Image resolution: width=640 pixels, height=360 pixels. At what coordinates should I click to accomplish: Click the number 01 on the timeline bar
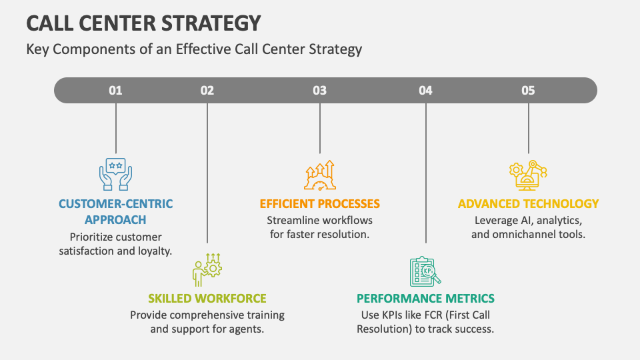coord(116,91)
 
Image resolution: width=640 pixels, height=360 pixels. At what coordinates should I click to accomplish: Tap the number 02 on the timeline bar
coord(207,91)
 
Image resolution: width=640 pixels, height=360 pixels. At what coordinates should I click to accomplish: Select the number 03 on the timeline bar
coord(320,91)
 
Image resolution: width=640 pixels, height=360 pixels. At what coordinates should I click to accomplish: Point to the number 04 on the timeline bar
coord(426,91)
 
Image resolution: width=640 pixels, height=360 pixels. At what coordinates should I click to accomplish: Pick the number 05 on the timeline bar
coord(528,91)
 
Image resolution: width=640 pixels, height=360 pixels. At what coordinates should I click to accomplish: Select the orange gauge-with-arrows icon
coord(320,175)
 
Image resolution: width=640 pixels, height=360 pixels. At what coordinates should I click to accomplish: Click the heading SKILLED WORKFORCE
coord(207,299)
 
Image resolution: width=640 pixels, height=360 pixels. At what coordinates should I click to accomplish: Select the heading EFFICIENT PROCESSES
coord(320,204)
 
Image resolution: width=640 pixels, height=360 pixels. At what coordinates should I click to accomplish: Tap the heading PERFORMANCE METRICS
coord(425,299)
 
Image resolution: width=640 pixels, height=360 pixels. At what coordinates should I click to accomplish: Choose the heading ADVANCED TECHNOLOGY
coord(528,204)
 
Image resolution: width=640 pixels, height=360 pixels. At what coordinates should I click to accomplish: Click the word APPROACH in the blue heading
coord(115,220)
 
